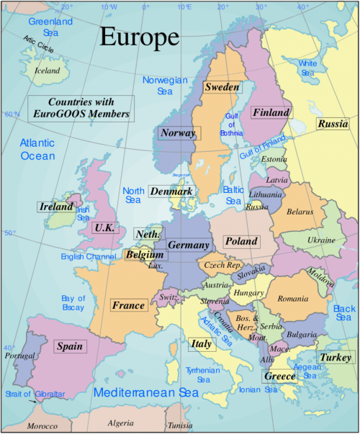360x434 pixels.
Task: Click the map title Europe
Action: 140,37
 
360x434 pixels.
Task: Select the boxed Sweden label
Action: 222,87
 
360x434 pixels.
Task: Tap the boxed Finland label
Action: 271,113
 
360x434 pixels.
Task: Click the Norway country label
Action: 179,133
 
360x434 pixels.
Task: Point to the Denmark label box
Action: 171,192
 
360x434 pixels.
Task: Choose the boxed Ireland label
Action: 57,207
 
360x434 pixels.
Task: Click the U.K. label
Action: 104,227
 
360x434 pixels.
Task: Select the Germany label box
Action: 188,245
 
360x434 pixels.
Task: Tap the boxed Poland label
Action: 240,242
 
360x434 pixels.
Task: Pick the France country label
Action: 128,306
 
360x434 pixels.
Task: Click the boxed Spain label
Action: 69,347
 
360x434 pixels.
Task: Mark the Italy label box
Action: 201,345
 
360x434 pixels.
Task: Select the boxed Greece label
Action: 279,376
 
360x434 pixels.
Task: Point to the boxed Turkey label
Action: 336,358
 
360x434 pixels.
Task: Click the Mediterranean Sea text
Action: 145,393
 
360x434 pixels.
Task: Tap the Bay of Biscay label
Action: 73,303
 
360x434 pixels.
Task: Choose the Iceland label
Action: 48,71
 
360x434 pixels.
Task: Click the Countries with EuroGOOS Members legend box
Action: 81,108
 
